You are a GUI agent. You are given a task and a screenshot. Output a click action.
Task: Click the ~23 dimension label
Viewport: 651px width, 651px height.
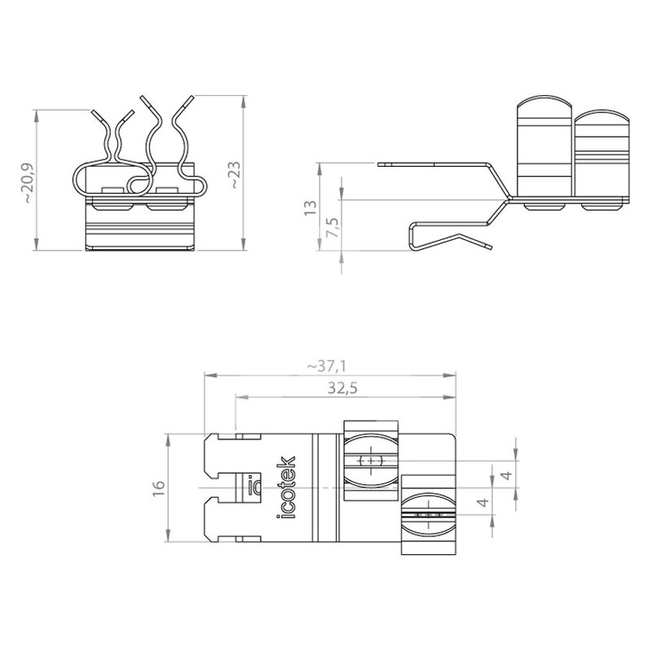pyautogui.click(x=235, y=175)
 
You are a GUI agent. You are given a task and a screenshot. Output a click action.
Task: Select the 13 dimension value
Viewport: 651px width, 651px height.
pyautogui.click(x=311, y=208)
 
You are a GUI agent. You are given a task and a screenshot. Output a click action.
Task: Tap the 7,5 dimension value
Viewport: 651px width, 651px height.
pyautogui.click(x=333, y=227)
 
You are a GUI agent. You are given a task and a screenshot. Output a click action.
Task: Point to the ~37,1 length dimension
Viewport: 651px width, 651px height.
pyautogui.click(x=326, y=366)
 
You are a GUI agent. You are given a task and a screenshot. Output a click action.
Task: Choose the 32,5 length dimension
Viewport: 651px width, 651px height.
pyautogui.click(x=342, y=388)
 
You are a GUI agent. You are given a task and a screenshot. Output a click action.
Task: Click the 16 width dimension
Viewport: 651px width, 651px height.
pyautogui.click(x=159, y=488)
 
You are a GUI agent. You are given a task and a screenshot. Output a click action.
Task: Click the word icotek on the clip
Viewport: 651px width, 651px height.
pyautogui.click(x=286, y=487)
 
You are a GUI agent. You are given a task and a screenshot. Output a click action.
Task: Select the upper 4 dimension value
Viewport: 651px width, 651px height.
pyautogui.click(x=507, y=474)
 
